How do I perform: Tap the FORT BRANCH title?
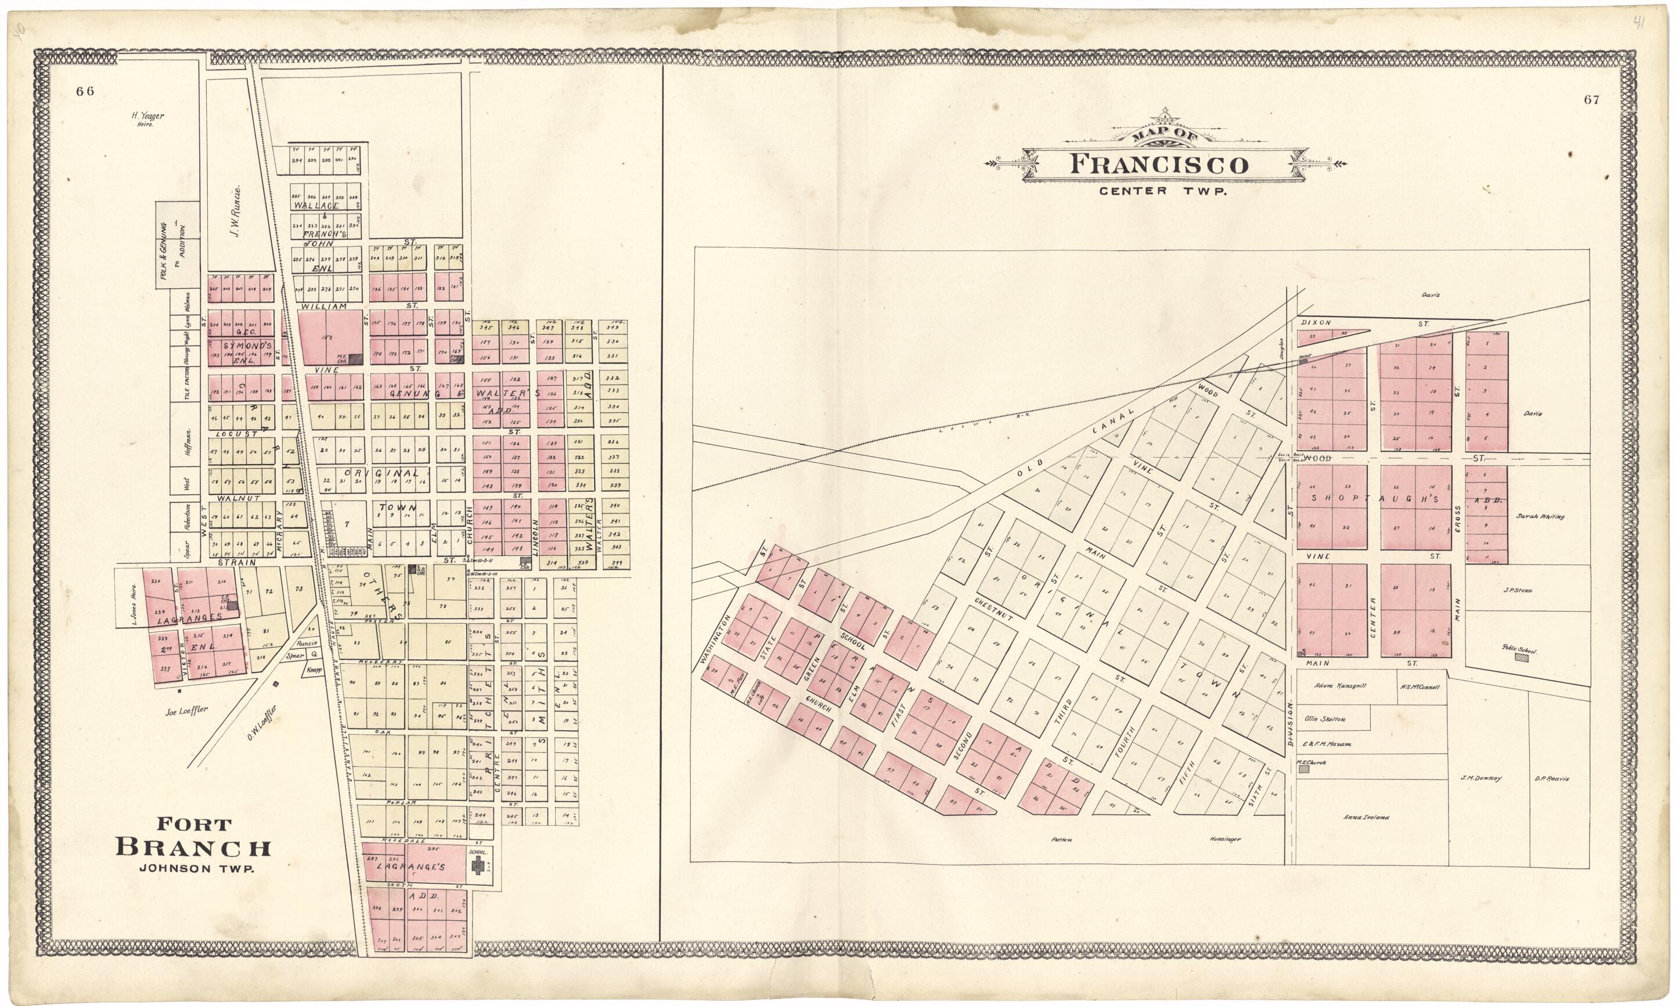[x=194, y=837]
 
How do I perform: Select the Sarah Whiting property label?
[x=1541, y=516]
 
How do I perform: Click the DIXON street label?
[x=1316, y=324]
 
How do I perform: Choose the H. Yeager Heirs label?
[x=147, y=119]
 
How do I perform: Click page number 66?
[x=85, y=92]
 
